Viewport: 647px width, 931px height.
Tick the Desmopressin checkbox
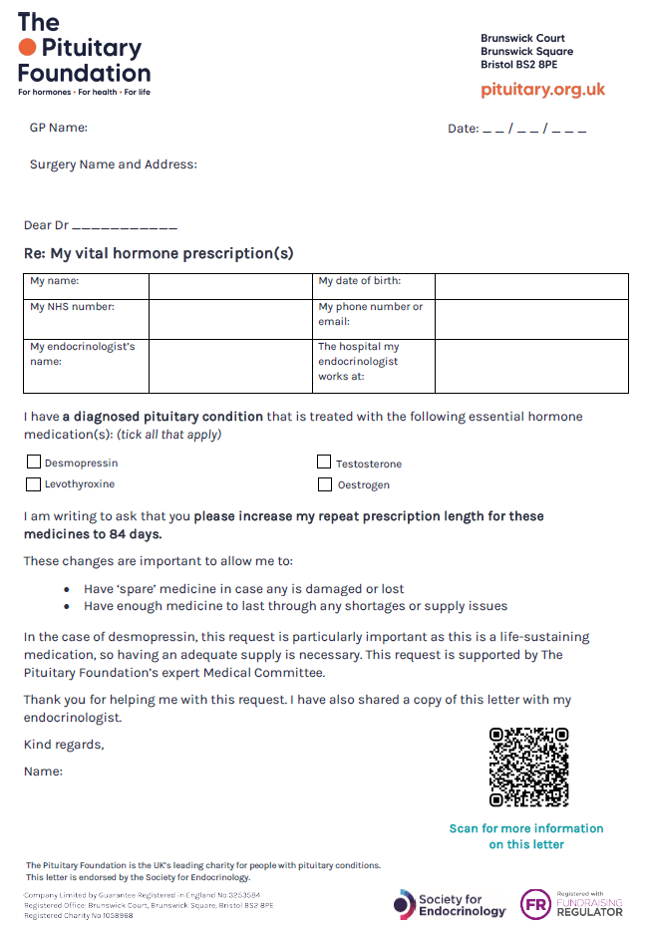click(34, 463)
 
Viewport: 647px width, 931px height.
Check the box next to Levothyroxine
click(34, 484)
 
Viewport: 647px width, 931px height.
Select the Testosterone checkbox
click(324, 463)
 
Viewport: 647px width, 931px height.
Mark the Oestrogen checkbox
click(324, 485)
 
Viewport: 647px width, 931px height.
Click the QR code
click(528, 767)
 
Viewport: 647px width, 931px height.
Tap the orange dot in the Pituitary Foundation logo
click(27, 47)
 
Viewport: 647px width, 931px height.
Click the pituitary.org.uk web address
click(542, 90)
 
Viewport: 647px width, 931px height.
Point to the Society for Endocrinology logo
click(450, 904)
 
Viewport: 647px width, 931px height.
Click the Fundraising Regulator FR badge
click(535, 904)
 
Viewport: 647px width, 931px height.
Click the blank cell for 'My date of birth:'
click(530, 286)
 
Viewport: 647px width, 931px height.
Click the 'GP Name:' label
click(58, 128)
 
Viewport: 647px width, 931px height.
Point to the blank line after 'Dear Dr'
click(125, 227)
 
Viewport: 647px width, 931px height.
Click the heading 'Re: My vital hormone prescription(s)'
click(159, 253)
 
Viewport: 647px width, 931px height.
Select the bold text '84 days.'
click(129, 534)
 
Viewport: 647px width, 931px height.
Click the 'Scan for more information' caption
click(526, 828)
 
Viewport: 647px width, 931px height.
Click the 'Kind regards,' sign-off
click(64, 745)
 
